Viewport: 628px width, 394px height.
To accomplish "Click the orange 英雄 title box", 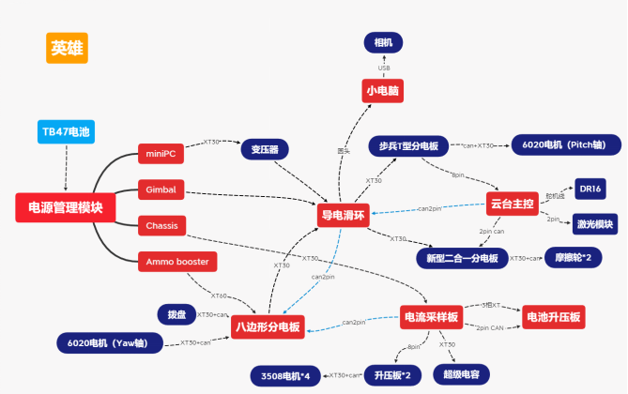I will pos(67,48).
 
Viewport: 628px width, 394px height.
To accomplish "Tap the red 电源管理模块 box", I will pos(66,207).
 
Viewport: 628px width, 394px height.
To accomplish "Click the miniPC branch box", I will pos(161,154).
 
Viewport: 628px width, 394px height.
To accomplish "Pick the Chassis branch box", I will pos(161,225).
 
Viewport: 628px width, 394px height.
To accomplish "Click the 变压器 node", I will pos(264,149).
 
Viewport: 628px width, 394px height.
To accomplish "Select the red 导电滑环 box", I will pos(344,216).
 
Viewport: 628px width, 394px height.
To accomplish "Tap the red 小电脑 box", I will pos(383,90).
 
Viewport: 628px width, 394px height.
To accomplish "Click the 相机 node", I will pos(383,42).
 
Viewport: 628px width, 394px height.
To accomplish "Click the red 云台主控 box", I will pos(512,203).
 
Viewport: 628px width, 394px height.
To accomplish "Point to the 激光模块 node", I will pos(594,224).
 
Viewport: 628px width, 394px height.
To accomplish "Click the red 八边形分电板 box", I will pos(268,326).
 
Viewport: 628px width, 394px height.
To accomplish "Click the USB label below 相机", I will pos(383,68).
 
